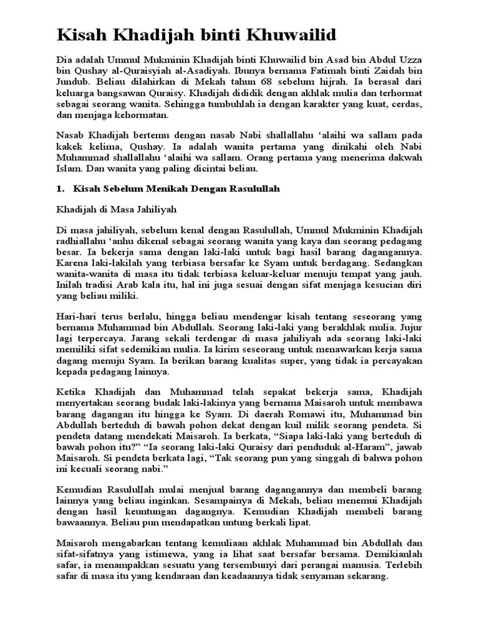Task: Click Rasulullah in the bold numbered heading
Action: click(249, 188)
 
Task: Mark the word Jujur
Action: click(408, 328)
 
